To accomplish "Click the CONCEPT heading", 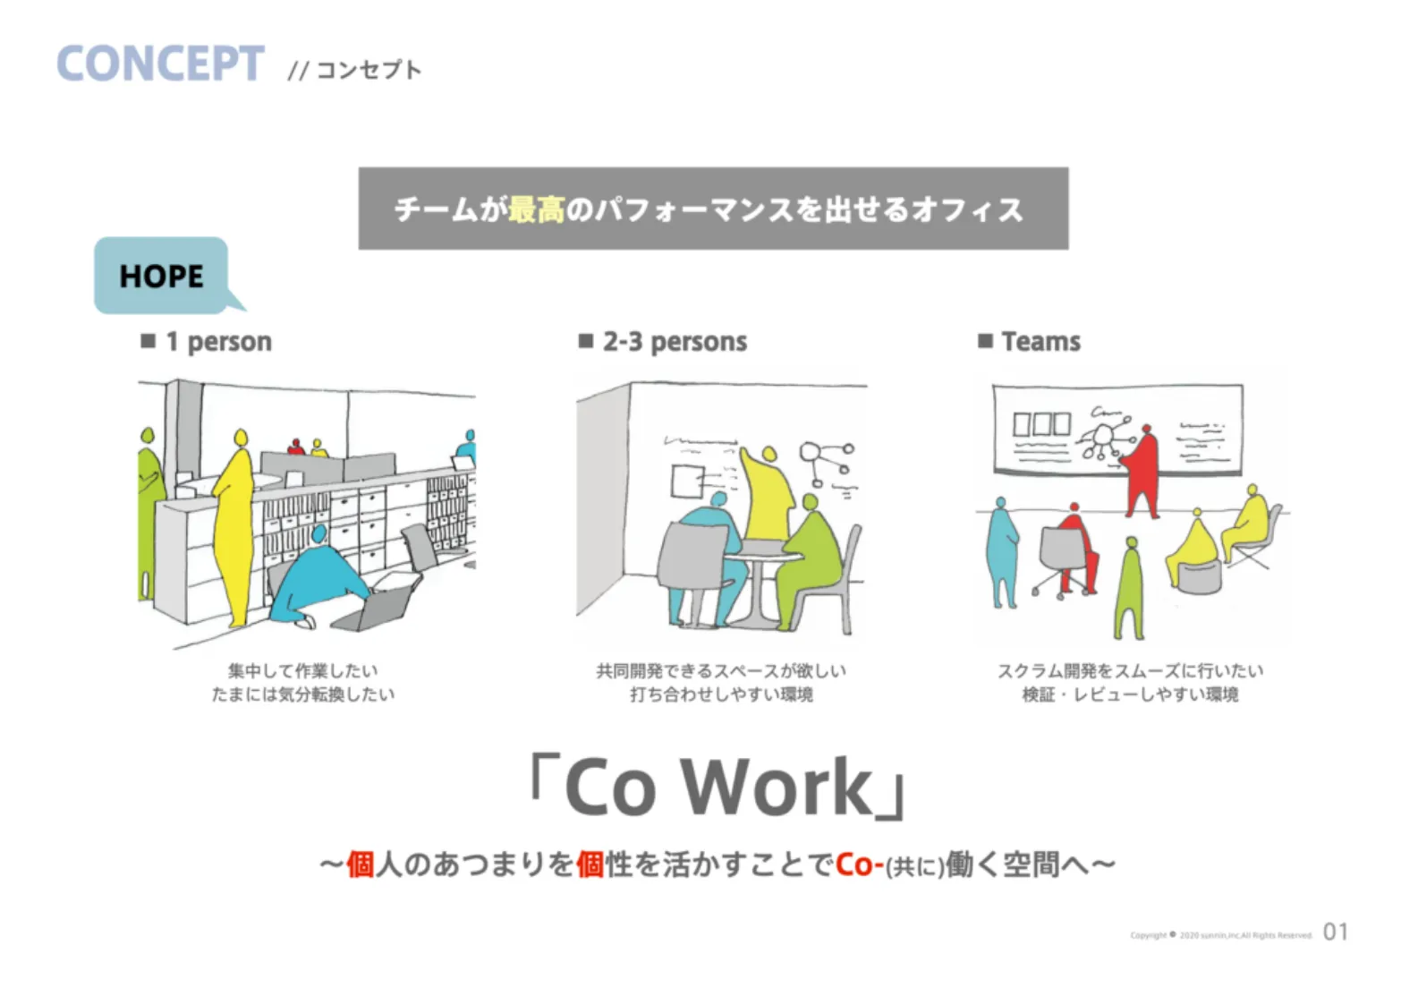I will [160, 64].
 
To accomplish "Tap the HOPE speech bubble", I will [162, 276].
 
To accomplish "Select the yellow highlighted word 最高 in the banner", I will [536, 209].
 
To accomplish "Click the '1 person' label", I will [217, 341].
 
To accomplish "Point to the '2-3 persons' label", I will [674, 341].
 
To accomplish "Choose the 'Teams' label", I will [1040, 341].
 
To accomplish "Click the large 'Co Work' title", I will [717, 787].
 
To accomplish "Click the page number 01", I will [1335, 932].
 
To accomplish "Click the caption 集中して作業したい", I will [302, 670].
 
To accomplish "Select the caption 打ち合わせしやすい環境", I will [721, 694].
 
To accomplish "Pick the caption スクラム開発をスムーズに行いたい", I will [1130, 670].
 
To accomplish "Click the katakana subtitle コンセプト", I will [368, 70].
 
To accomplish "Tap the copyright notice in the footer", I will [1220, 935].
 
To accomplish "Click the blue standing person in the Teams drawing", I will [1002, 555].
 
